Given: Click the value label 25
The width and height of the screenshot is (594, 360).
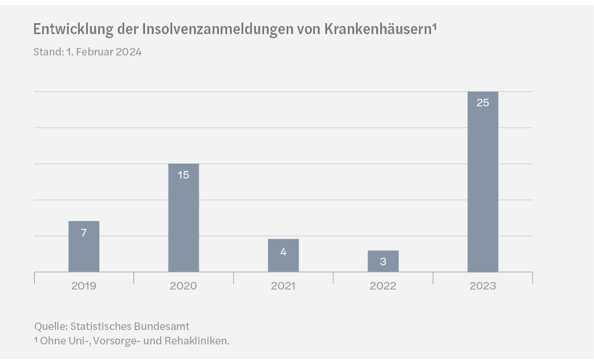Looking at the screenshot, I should (482, 103).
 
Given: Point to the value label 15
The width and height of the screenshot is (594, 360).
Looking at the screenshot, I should (183, 175).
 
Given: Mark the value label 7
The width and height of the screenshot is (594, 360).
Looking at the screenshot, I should (84, 233).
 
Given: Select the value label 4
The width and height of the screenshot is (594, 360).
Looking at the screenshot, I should (283, 251).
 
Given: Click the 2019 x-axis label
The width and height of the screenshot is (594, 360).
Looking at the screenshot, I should (84, 286).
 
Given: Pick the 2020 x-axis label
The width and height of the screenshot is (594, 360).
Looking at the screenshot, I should (183, 286).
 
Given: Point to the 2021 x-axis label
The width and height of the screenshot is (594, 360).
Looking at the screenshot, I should (283, 286).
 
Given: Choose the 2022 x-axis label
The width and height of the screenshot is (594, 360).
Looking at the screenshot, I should (383, 286).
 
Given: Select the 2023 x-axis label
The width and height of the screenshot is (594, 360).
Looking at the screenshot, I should (482, 286).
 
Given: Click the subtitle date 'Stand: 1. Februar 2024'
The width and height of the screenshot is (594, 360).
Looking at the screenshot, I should (87, 52).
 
